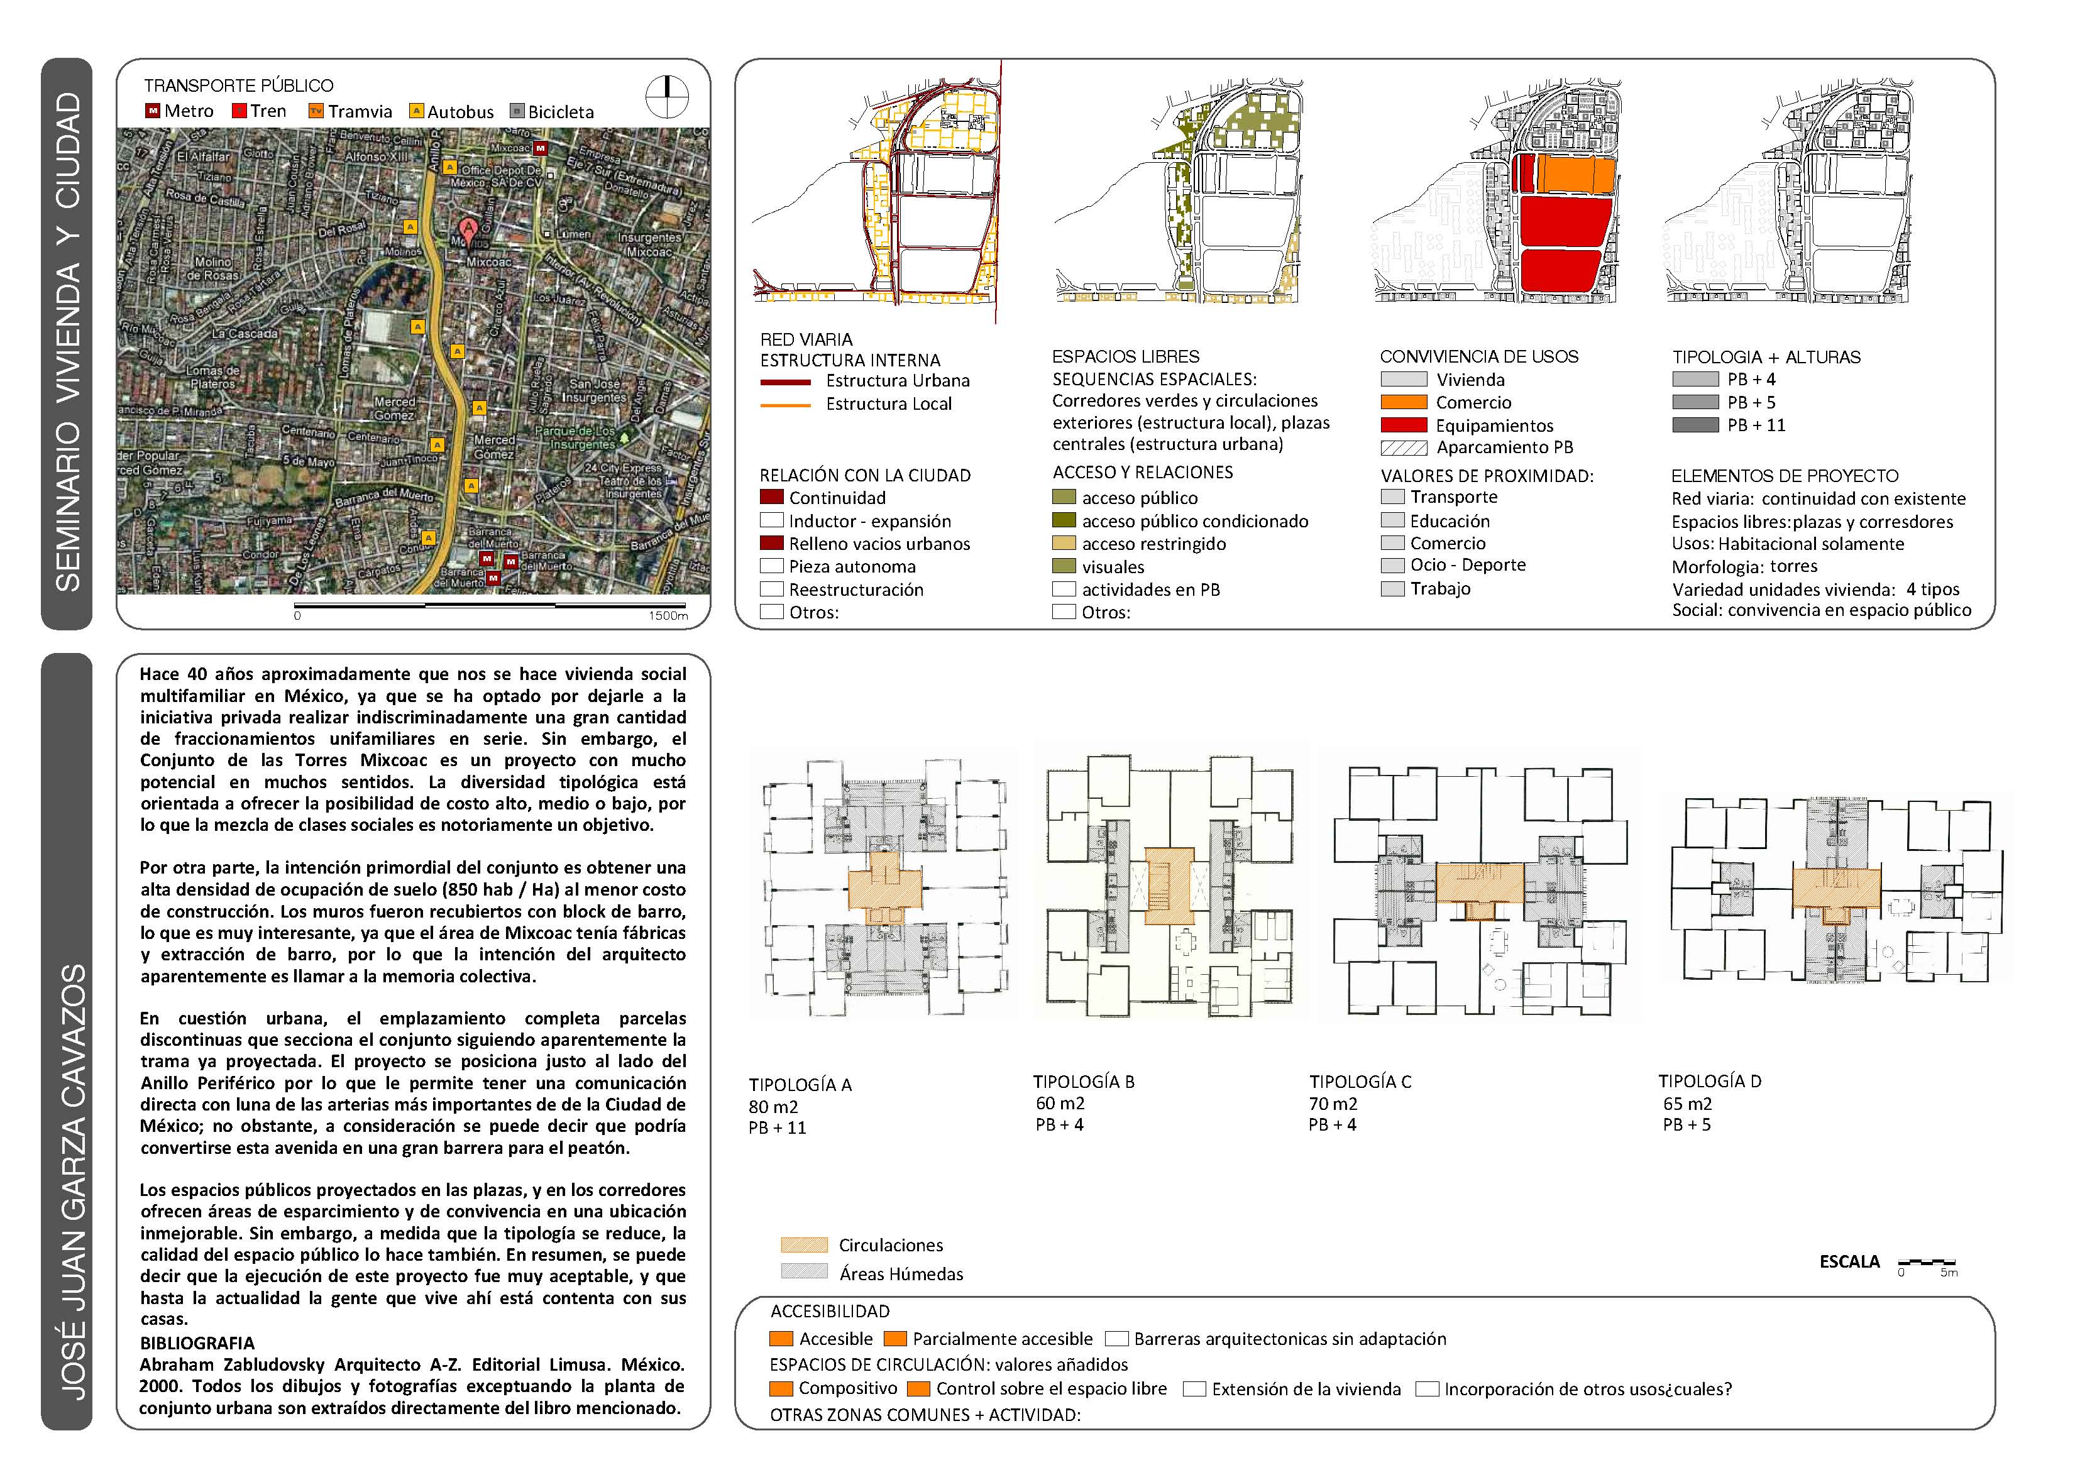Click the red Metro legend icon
pos(153,111)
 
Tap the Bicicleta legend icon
pos(517,111)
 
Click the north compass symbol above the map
pos(667,97)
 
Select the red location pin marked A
pos(468,230)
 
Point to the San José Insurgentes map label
pos(593,390)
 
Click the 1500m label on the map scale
pos(668,616)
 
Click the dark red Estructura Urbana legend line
pos(786,382)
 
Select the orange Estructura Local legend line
pos(786,405)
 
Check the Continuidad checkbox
pos(772,497)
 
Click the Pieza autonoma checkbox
pos(772,566)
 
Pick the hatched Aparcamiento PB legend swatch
pos(1403,447)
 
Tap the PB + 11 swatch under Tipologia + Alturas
pos(1695,425)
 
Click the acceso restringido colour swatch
pos(1064,544)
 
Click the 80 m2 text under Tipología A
pos(773,1107)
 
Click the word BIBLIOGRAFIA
pos(197,1343)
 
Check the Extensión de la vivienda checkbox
pos(1195,1390)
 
